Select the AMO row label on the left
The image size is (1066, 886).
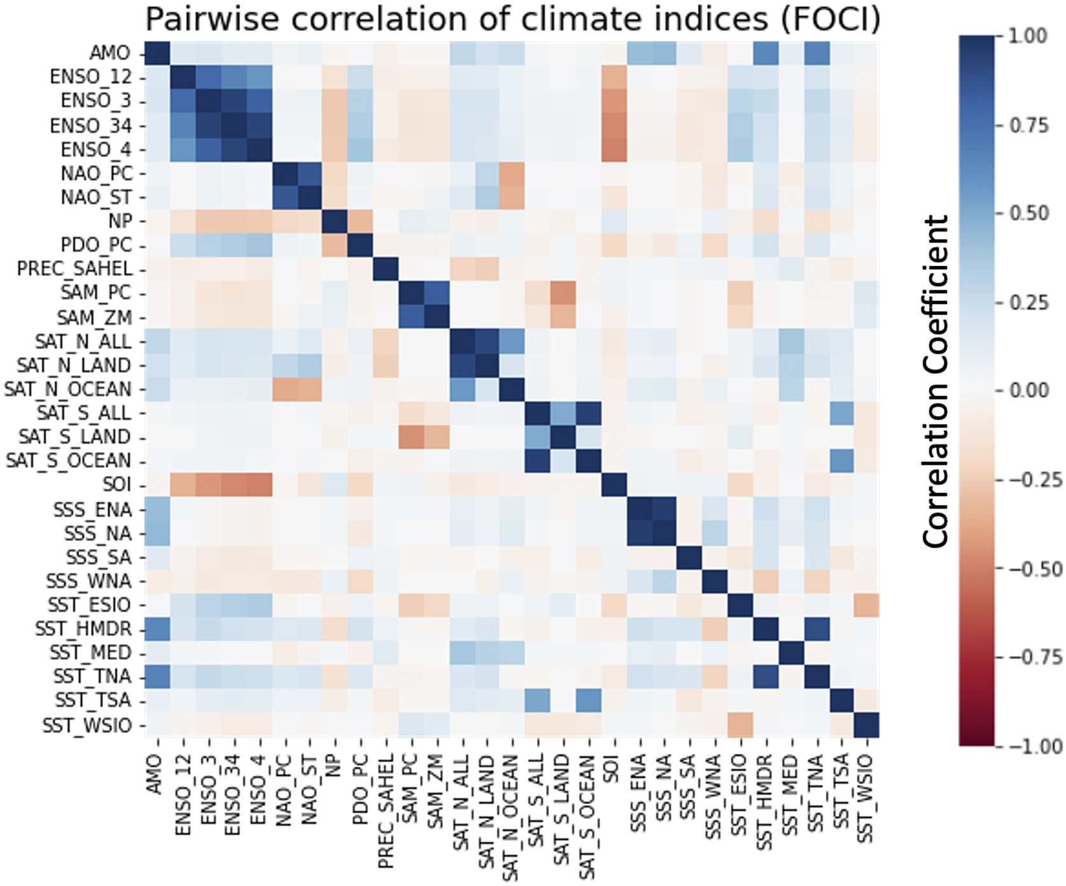point(109,53)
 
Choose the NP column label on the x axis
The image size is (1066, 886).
point(335,770)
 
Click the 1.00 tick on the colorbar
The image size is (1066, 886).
point(1028,36)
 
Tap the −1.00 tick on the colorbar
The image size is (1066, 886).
point(1025,746)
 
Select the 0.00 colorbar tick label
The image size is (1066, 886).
point(1028,390)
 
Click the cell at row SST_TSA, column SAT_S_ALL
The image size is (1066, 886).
point(537,701)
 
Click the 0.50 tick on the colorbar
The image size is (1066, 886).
point(1028,213)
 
